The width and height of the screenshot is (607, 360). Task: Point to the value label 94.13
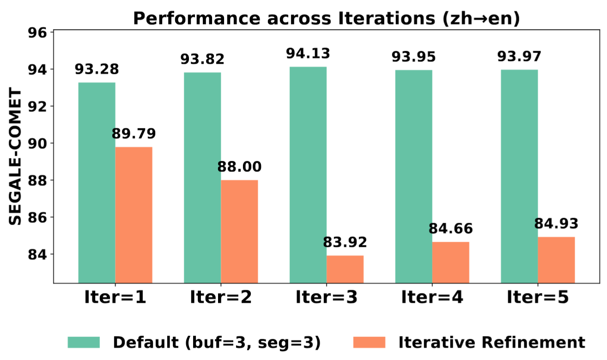pos(308,54)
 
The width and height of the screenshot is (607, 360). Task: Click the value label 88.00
pos(239,167)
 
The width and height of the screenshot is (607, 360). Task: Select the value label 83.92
pos(345,242)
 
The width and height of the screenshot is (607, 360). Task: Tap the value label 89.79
pos(134,134)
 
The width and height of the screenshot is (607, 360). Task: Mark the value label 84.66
pos(451,229)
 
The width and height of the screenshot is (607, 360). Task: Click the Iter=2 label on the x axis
pos(221,297)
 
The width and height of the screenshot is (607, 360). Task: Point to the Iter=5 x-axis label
pos(538,297)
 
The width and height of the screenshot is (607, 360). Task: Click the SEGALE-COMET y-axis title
pos(15,157)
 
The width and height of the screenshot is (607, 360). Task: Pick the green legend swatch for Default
pos(84,342)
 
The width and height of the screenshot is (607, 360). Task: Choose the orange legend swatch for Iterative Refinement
pos(368,342)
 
